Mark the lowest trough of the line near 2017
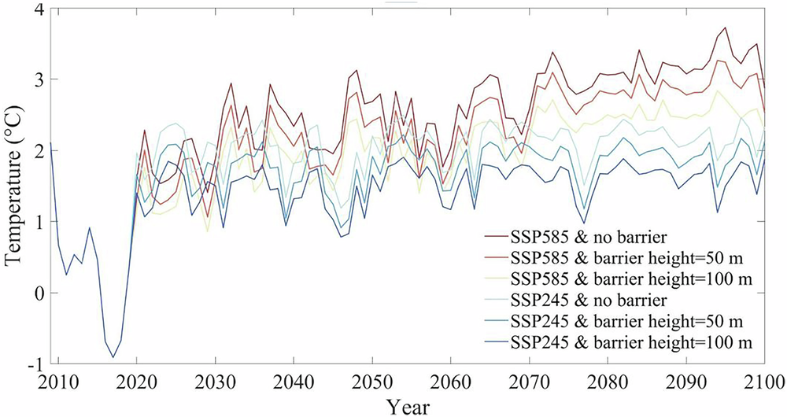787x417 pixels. coord(113,357)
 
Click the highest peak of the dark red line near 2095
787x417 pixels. coord(724,28)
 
